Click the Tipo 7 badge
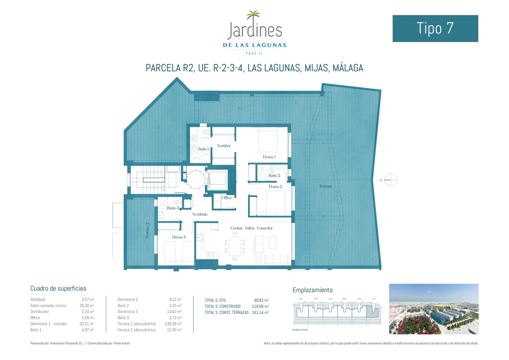point(435,28)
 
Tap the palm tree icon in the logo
point(253,16)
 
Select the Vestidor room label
point(224,146)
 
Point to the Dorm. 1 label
point(269,157)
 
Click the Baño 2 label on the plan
point(274,175)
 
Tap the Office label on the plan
point(227,198)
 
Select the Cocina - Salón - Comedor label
point(252,228)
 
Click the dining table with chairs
point(235,246)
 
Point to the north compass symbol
point(390,180)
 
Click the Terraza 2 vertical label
point(147,230)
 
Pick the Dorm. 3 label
point(178,237)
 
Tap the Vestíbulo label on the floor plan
point(200,214)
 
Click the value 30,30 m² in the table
point(87,306)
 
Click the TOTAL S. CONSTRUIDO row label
point(222,306)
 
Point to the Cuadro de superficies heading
point(58,288)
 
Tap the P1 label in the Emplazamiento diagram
point(374,299)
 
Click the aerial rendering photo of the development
point(434,309)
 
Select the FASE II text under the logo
point(254,53)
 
